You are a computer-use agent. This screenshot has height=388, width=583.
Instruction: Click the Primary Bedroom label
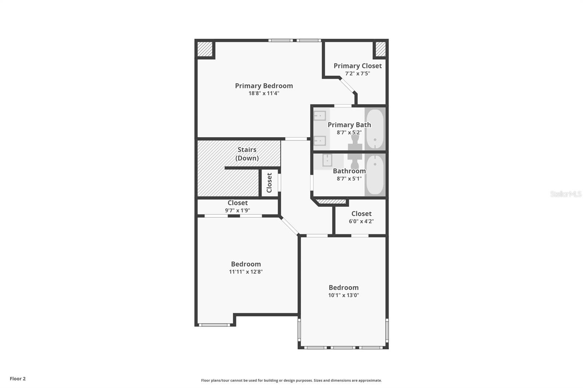tap(264, 86)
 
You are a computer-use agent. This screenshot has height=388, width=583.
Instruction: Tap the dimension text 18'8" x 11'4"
tap(264, 93)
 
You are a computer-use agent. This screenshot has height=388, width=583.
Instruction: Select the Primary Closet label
tap(357, 66)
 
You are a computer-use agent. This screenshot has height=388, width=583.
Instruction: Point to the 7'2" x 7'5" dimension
tap(357, 73)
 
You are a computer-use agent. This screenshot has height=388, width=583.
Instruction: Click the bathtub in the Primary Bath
tap(375, 129)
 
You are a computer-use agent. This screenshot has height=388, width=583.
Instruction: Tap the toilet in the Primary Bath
tap(355, 143)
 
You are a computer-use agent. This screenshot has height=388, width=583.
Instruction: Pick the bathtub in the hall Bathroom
tap(375, 175)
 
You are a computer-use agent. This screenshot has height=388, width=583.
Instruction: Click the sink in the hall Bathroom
tap(327, 160)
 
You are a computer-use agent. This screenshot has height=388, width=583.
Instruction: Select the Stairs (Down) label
tap(247, 154)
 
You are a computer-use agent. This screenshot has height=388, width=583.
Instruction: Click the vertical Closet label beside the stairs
tap(269, 183)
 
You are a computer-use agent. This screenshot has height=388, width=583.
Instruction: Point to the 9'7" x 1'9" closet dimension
tap(238, 210)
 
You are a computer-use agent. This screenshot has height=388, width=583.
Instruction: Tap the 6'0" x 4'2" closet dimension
tap(361, 221)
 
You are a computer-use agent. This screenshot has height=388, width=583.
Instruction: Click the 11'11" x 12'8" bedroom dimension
tap(246, 272)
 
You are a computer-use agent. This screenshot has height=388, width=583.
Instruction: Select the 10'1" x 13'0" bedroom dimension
tap(344, 295)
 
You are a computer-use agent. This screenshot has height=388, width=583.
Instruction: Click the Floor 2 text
tap(18, 379)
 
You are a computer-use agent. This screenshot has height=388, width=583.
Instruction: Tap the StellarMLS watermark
tap(566, 194)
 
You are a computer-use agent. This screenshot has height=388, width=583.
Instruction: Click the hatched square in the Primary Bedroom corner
tap(205, 49)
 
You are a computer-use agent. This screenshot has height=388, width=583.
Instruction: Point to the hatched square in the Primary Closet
tap(380, 49)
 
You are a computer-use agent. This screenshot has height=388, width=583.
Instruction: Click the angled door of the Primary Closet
tap(348, 85)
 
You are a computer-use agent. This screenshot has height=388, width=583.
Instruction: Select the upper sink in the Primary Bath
tap(320, 116)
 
